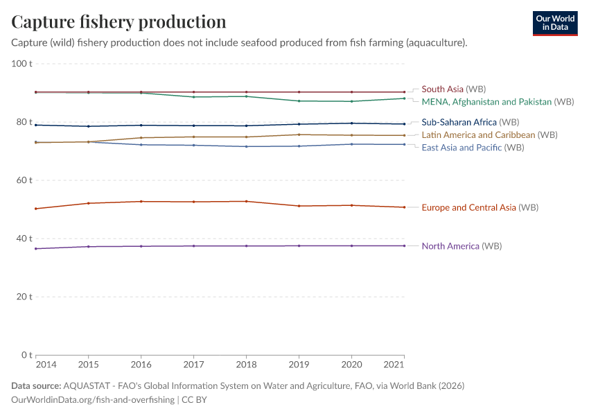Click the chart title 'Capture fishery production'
[x=118, y=21]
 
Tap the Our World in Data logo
[x=554, y=23]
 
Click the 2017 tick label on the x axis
[x=193, y=365]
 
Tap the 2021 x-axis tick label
[x=394, y=365]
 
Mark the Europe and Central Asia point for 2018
[x=246, y=201]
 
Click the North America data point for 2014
[x=36, y=249]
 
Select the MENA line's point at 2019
[x=299, y=101]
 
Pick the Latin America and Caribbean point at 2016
[x=141, y=138]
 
